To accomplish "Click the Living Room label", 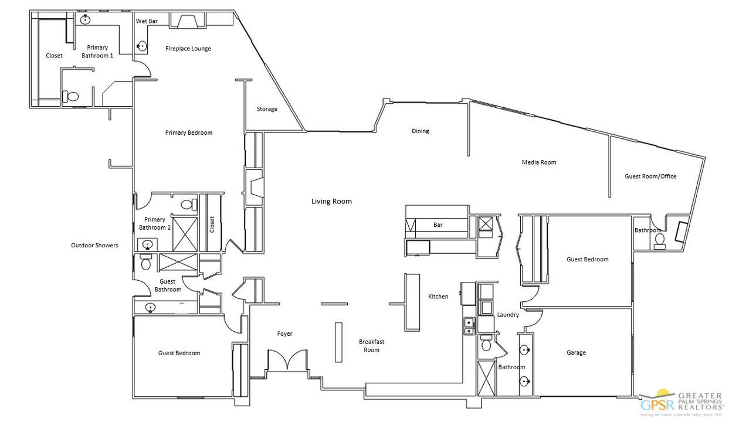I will [331, 201].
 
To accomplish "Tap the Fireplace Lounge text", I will [188, 49].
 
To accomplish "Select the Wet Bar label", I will [147, 21].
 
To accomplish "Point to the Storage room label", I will [267, 109].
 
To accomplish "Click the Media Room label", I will [539, 162].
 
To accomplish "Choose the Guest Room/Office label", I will [650, 176].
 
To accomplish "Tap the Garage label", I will [576, 353].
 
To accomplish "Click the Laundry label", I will [508, 315].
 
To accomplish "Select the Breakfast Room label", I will [371, 346].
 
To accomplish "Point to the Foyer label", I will [284, 334].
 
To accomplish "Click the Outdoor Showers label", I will [94, 245].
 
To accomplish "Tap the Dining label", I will [420, 131].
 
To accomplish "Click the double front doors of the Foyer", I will [287, 360].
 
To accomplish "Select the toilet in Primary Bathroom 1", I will [72, 96].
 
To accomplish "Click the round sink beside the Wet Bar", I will [142, 45].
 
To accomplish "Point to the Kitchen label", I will [438, 297].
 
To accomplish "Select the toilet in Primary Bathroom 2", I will [187, 205].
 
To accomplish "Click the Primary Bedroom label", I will [189, 132].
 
